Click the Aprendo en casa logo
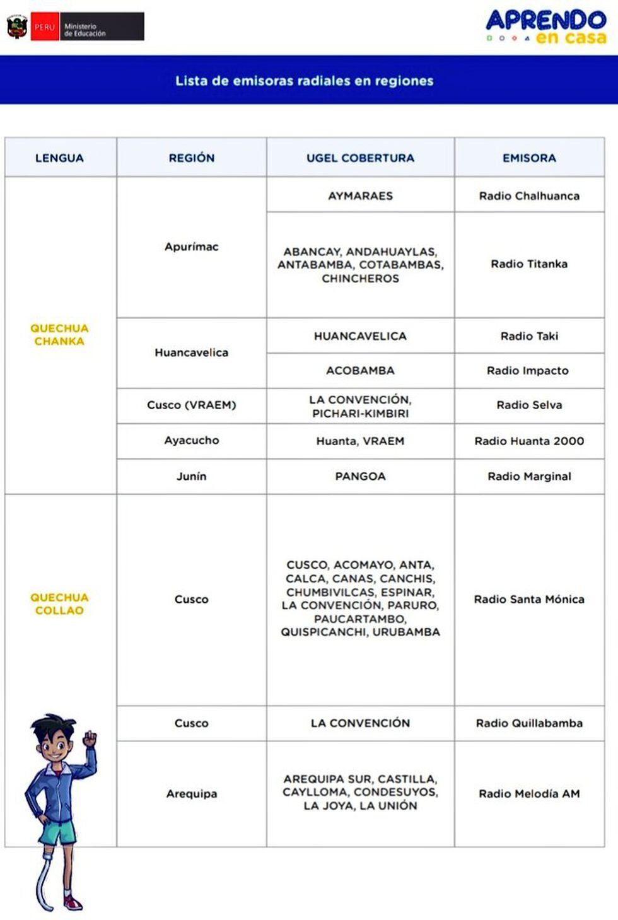click(x=546, y=27)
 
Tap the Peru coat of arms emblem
click(x=17, y=27)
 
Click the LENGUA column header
click(x=59, y=158)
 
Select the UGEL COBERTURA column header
click(x=360, y=158)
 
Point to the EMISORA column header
click(x=529, y=158)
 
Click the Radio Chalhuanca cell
click(x=529, y=195)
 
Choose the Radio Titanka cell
click(x=529, y=264)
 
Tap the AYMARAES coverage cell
click(x=360, y=195)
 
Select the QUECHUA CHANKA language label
click(x=59, y=334)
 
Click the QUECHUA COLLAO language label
click(x=59, y=603)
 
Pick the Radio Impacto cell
click(x=528, y=370)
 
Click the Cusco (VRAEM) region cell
click(x=191, y=405)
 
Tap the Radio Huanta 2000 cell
click(x=529, y=441)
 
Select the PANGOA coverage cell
click(x=360, y=476)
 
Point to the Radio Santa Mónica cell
click(x=529, y=599)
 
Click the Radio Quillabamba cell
click(x=529, y=723)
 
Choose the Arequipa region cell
click(x=191, y=793)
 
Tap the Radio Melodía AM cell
click(x=529, y=793)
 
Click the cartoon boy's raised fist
click(x=90, y=738)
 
